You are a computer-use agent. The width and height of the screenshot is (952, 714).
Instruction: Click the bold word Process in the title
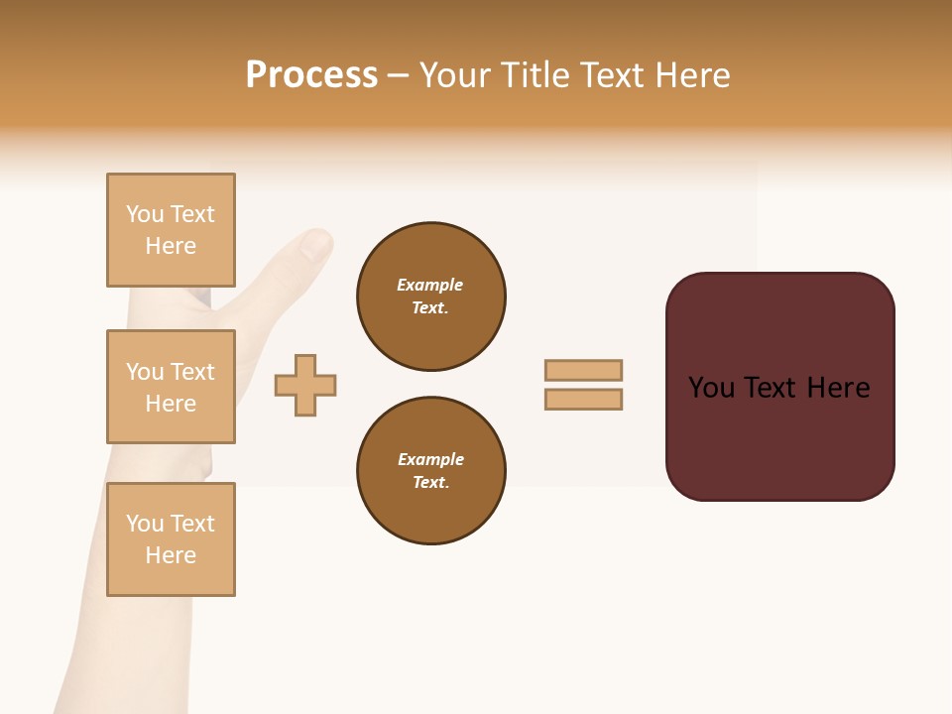pyautogui.click(x=311, y=75)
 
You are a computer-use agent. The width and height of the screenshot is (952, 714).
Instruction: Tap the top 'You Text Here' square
pyautogui.click(x=171, y=230)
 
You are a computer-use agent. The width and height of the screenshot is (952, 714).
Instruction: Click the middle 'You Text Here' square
pyautogui.click(x=171, y=387)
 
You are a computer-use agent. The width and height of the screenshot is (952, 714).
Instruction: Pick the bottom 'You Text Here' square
pyautogui.click(x=171, y=539)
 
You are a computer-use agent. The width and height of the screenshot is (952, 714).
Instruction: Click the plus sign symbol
pyautogui.click(x=305, y=385)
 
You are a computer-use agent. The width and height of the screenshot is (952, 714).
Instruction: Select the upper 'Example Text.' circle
pyautogui.click(x=430, y=297)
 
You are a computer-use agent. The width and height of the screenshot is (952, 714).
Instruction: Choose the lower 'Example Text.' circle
pyautogui.click(x=430, y=471)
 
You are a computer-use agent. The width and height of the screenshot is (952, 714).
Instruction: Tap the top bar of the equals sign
pyautogui.click(x=583, y=370)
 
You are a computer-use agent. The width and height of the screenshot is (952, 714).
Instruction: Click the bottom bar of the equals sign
pyautogui.click(x=583, y=400)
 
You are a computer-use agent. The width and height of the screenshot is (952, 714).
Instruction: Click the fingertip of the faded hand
pyautogui.click(x=317, y=242)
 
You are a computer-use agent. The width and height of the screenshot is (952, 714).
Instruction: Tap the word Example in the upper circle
pyautogui.click(x=430, y=285)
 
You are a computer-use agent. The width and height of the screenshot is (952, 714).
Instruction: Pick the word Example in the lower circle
pyautogui.click(x=430, y=459)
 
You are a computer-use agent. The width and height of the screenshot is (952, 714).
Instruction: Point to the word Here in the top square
pyautogui.click(x=171, y=246)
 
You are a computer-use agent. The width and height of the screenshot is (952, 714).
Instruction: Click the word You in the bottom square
pyautogui.click(x=145, y=524)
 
